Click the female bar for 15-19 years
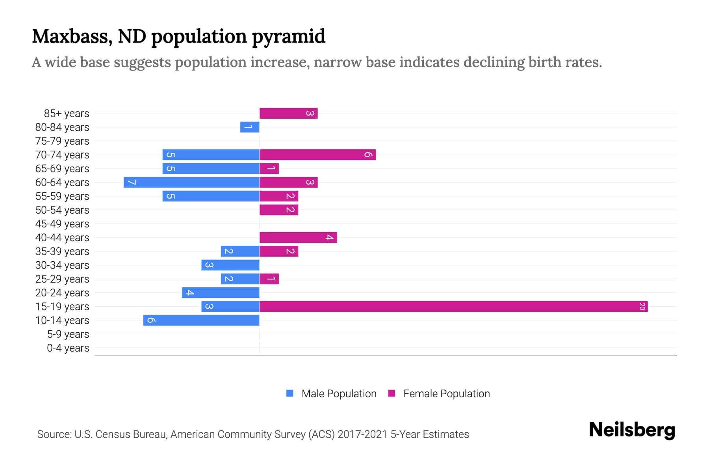[453, 306]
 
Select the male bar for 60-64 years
[191, 182]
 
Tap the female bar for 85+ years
[288, 113]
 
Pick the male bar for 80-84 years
[250, 127]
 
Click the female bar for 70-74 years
[317, 155]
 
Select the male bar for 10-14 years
[201, 320]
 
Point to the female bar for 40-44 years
[298, 237]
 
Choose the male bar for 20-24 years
[221, 292]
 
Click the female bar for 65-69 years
[269, 168]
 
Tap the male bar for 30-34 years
[230, 265]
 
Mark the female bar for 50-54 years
[279, 210]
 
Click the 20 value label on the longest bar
[642, 306]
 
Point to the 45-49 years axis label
[62, 224]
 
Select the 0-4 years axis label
[68, 348]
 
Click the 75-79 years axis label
[62, 141]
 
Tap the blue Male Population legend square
[290, 393]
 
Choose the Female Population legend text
[446, 393]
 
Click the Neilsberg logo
[632, 430]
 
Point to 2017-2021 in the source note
[362, 434]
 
